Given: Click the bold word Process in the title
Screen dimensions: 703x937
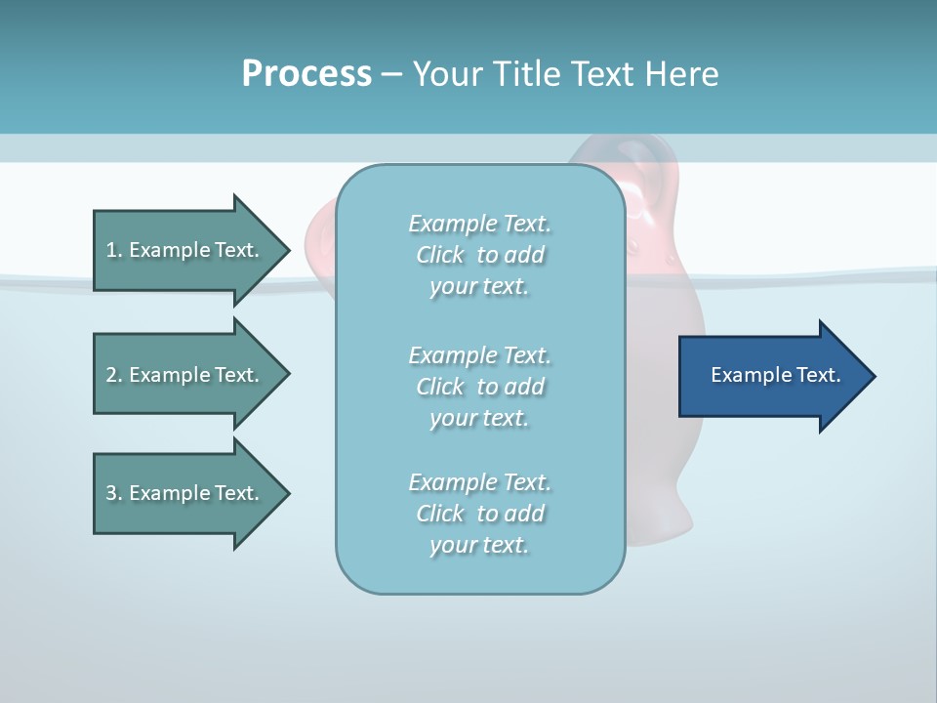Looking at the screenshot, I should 306,74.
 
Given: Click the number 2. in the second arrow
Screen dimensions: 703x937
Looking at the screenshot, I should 114,375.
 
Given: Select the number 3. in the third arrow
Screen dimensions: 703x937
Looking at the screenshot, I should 114,493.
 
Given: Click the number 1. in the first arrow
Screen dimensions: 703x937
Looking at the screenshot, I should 114,250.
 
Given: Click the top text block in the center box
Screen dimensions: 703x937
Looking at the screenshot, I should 479,255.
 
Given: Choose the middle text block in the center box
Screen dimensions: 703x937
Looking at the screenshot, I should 479,387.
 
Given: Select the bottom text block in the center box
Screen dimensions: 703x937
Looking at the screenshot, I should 479,514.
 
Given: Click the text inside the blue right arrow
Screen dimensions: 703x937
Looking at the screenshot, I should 775,375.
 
